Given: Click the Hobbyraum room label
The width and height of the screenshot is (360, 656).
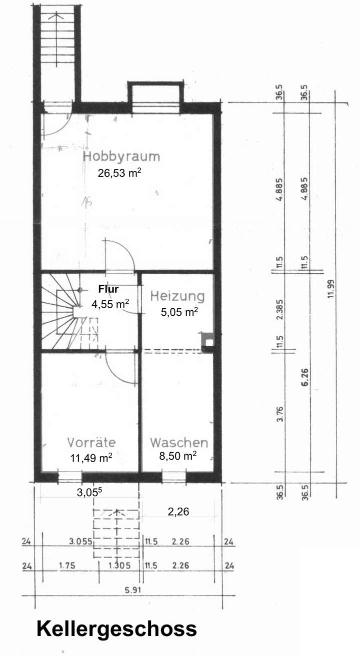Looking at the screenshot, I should (x=121, y=157).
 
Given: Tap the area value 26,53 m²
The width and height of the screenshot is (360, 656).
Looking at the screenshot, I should (x=119, y=173).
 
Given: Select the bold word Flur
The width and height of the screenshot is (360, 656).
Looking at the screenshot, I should (x=108, y=289).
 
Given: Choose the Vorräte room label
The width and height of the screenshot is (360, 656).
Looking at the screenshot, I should (x=91, y=443).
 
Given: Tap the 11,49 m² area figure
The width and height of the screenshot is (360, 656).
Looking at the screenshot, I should (x=91, y=458).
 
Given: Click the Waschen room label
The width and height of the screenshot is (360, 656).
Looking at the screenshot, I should (x=179, y=443).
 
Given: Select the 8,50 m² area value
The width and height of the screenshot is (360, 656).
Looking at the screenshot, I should (x=177, y=456).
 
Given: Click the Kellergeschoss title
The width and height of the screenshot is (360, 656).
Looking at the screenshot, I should (x=116, y=629).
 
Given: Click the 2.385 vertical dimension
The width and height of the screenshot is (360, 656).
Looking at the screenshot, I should (x=280, y=309).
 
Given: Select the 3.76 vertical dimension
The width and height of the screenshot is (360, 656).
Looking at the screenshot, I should (x=280, y=415).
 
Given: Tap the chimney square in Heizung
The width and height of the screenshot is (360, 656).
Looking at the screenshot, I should (x=208, y=342).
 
